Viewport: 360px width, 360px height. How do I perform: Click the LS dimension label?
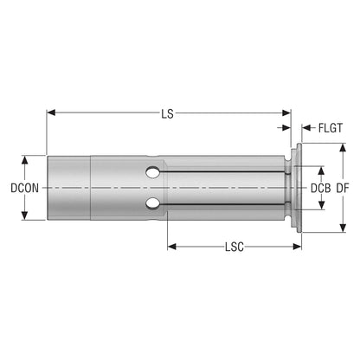pyautogui.click(x=167, y=113)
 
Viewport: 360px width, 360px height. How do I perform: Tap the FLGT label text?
pyautogui.click(x=331, y=128)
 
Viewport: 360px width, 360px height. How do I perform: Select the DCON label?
pyautogui.click(x=24, y=188)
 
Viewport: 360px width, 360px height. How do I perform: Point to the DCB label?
pyautogui.click(x=320, y=188)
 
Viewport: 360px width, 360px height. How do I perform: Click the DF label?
pyautogui.click(x=343, y=188)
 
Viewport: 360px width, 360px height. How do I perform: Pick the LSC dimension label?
pyautogui.click(x=235, y=247)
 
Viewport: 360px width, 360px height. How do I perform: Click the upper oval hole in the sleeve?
pyautogui.click(x=153, y=172)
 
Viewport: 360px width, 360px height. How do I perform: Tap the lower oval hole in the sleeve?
pyautogui.click(x=153, y=203)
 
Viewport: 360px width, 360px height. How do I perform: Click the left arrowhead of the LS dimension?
pyautogui.click(x=51, y=112)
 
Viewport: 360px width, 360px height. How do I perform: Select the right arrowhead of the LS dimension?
pyautogui.click(x=286, y=112)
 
